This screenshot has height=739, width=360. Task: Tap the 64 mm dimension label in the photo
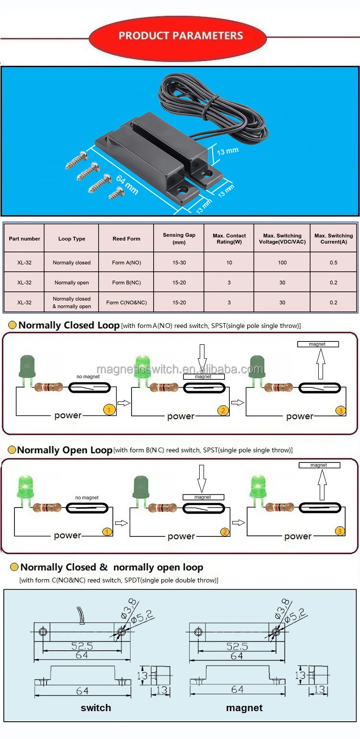[127, 185]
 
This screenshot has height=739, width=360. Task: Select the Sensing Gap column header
[179, 238]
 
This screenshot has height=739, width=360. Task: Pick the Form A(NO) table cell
[126, 263]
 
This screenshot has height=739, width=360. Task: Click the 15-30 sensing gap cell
[179, 263]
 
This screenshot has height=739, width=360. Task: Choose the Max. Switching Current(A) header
[333, 238]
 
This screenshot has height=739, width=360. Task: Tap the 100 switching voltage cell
[282, 263]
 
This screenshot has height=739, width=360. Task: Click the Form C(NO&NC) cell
[126, 303]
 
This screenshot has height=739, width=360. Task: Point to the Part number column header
[24, 239]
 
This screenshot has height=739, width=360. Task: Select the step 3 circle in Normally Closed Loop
[340, 411]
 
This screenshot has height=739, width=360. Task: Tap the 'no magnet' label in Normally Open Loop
[87, 498]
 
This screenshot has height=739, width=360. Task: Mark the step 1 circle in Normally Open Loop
[108, 532]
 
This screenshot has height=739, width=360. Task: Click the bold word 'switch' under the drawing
[96, 708]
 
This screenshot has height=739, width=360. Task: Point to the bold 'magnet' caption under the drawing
[244, 708]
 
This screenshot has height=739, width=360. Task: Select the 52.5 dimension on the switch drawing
[82, 646]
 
